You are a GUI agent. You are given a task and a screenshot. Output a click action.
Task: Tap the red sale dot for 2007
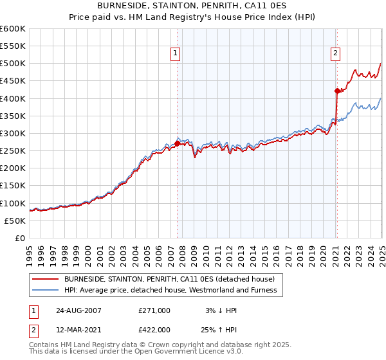tap(178, 143)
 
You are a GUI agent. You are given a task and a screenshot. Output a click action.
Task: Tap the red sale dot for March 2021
tap(336, 91)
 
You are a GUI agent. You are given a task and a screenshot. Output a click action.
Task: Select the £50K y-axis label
tap(15, 221)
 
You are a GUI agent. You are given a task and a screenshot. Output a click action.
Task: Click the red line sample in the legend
tap(46, 279)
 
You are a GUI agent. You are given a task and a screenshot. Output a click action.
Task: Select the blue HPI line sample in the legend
tap(46, 290)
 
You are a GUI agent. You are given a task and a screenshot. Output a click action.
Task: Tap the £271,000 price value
tap(154, 310)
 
